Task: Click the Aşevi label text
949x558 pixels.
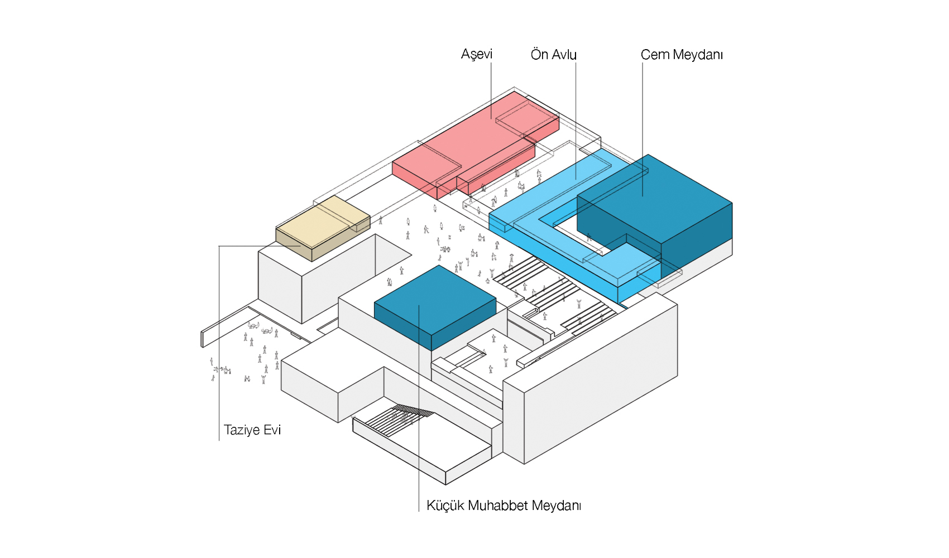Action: point(476,54)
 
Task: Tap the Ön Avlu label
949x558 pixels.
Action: point(553,55)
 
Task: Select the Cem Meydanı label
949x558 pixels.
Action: point(681,55)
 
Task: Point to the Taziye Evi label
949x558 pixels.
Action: point(252,430)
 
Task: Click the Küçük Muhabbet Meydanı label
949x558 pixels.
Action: point(504,506)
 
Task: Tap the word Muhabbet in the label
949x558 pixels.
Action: point(497,506)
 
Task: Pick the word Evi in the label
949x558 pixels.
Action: point(272,430)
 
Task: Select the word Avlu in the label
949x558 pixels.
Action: point(564,55)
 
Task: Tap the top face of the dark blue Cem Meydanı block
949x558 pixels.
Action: point(653,198)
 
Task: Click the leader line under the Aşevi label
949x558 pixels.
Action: point(491,89)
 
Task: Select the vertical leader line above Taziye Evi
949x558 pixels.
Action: point(219,335)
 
